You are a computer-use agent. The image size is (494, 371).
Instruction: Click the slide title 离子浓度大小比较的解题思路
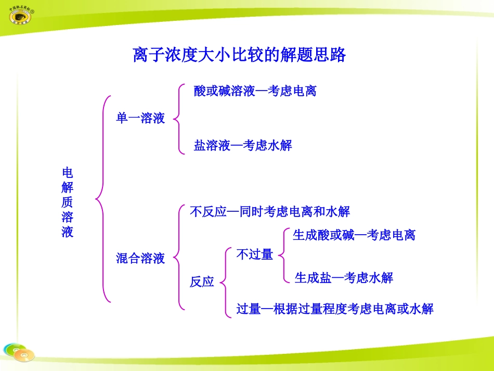tap(239, 55)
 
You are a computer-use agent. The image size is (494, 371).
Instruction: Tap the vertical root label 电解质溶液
tap(68, 202)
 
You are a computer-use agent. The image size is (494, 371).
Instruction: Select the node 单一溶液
tap(140, 119)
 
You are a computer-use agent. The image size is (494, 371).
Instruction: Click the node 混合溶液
tap(140, 258)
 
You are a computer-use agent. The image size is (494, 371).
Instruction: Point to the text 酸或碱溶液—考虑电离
tap(255, 91)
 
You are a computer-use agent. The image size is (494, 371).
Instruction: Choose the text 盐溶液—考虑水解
tap(243, 145)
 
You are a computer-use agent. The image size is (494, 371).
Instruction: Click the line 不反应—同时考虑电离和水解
tap(270, 212)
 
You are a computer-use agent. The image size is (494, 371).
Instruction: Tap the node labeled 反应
tap(202, 282)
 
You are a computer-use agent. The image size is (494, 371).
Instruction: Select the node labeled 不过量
tap(255, 254)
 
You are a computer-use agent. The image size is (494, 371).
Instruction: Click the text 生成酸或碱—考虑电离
tap(354, 235)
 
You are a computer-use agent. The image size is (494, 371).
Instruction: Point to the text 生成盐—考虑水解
tap(344, 278)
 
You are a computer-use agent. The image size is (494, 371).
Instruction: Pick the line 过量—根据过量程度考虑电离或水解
tap(335, 309)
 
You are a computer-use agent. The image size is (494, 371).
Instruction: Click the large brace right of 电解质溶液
tap(103, 198)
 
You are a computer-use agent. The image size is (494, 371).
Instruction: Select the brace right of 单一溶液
tap(179, 119)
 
